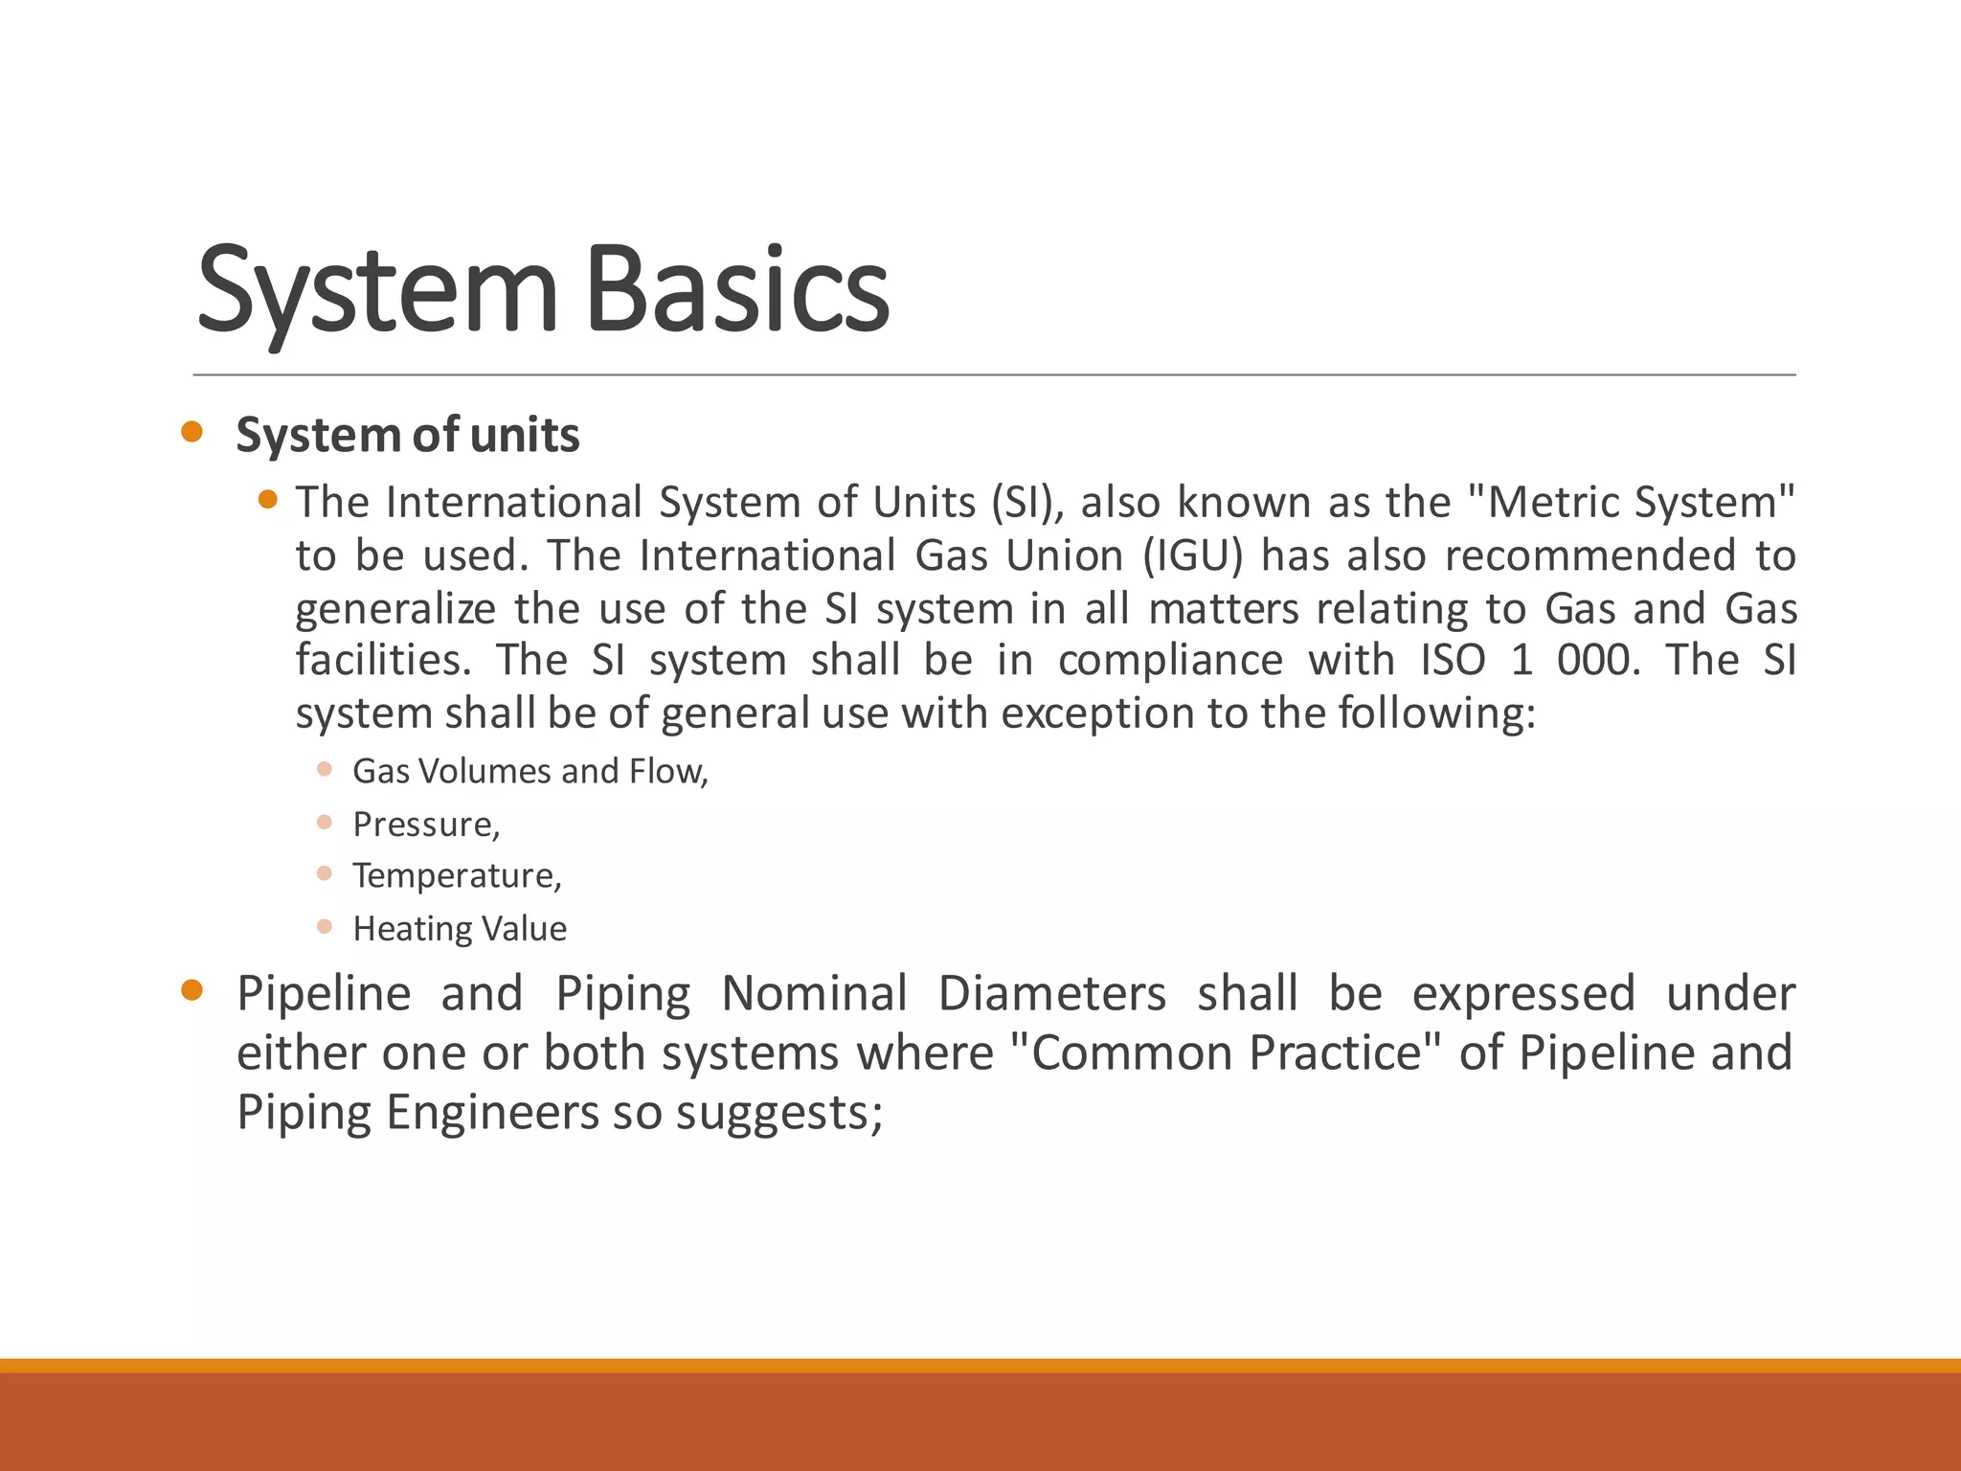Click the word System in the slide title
click(376, 290)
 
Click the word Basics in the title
click(736, 290)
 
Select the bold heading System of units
click(408, 435)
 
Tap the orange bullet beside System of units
click(192, 432)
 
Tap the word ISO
click(1453, 660)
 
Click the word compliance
click(1170, 660)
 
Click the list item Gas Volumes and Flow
click(530, 771)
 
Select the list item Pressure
click(426, 824)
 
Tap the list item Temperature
click(457, 875)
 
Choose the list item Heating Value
click(460, 928)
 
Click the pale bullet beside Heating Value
click(325, 926)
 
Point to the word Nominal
click(814, 993)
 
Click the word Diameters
click(1051, 993)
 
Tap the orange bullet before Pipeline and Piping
click(192, 990)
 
